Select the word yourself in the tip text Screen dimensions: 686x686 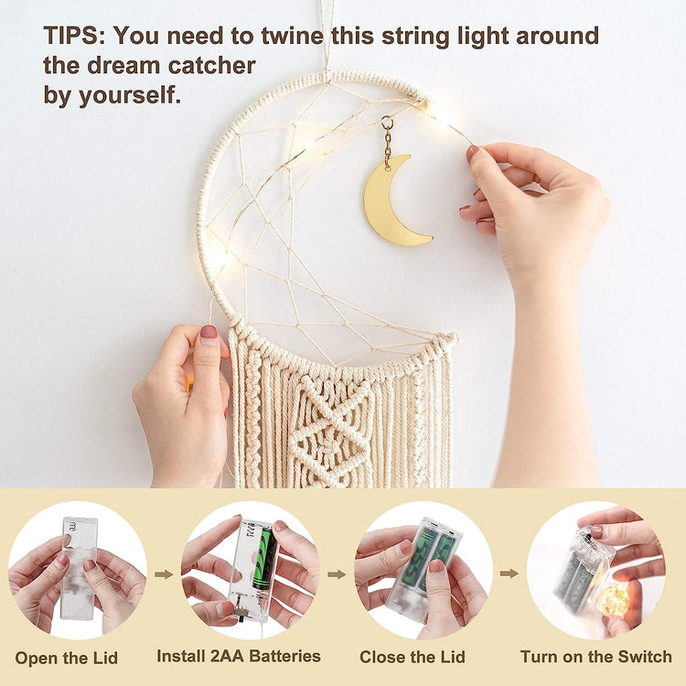coord(130,95)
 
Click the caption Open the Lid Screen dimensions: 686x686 coord(67,658)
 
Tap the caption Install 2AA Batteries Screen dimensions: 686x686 coord(239,656)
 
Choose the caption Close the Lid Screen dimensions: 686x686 coord(413,657)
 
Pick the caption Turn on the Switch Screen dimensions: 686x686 coord(595,657)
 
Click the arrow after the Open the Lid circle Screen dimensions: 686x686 coord(164,574)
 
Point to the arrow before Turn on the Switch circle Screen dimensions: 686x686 coord(509,573)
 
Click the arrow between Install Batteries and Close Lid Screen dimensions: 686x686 coord(337,574)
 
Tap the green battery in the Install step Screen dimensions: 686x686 coord(263,558)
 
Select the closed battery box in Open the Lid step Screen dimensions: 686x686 coord(79,569)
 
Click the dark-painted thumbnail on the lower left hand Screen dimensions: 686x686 coord(209,334)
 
